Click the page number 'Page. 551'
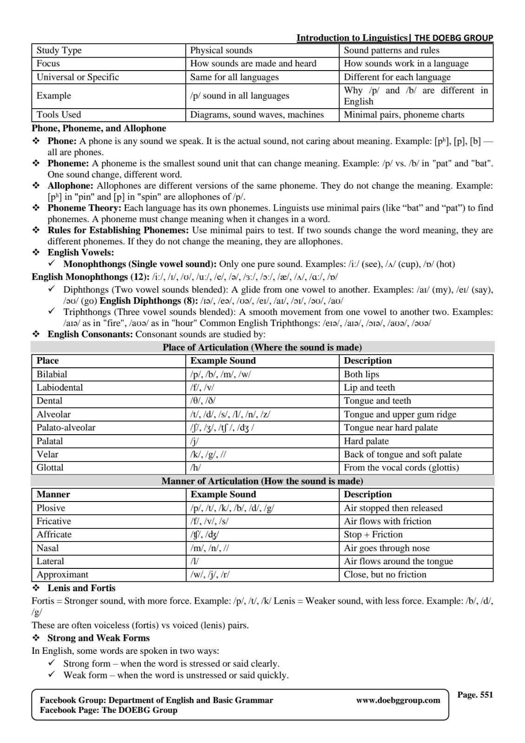[474, 695]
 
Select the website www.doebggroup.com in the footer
[398, 700]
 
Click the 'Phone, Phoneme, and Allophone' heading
[98, 128]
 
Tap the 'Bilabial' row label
[52, 374]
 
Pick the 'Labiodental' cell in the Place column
[59, 388]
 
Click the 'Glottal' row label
[50, 468]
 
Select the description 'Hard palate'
[366, 441]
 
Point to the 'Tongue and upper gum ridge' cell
[400, 414]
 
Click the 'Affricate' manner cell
[54, 534]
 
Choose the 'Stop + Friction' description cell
[373, 534]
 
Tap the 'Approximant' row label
[62, 574]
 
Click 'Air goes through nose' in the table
[387, 548]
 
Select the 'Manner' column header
[53, 495]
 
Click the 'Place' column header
[47, 361]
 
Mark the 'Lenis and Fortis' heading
[81, 588]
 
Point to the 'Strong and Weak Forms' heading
[98, 638]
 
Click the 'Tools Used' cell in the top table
[59, 115]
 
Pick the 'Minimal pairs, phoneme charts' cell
[404, 115]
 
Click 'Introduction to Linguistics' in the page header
[352, 38]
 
